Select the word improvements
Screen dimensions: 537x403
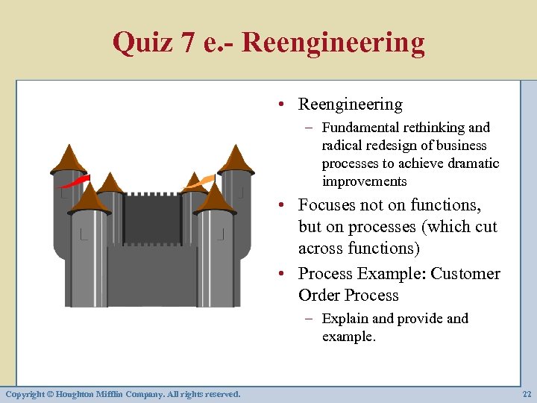[365, 181]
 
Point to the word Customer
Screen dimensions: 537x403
[464, 274]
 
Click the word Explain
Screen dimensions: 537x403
[345, 319]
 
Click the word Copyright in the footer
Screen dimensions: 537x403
[25, 393]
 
